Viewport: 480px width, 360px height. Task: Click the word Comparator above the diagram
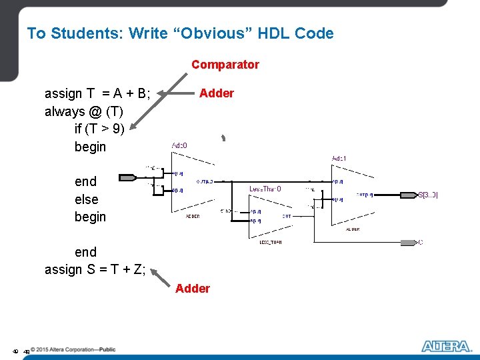point(225,65)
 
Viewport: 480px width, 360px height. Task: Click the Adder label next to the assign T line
point(217,93)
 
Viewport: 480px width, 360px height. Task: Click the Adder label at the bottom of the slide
point(192,288)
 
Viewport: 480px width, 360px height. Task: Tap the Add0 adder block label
point(179,145)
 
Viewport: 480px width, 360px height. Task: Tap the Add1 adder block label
point(339,158)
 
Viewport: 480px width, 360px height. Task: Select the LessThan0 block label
point(265,189)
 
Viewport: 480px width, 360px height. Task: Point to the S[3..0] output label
point(428,195)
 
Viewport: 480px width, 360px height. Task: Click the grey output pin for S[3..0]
point(407,195)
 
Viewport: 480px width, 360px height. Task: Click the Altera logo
point(445,346)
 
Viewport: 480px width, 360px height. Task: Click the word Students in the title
point(86,33)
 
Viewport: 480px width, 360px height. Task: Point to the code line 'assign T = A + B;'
point(97,93)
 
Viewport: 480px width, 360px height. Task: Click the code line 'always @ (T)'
point(83,111)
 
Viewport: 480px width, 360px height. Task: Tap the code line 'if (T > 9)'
point(99,129)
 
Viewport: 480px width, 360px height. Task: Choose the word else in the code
point(86,199)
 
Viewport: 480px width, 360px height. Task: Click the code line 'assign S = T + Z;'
point(95,269)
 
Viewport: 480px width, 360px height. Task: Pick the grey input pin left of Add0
point(127,177)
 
